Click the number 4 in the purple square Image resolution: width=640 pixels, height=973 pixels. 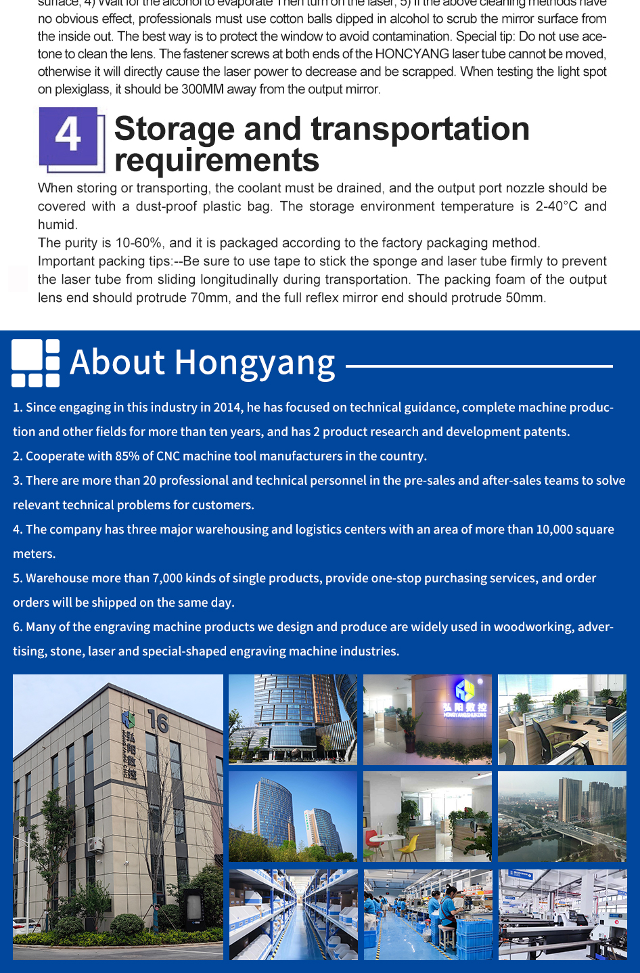68,135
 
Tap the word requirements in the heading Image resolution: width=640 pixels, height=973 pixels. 216,160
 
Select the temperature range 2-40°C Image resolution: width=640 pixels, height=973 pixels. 557,207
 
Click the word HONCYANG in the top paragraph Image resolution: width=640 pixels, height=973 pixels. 412,54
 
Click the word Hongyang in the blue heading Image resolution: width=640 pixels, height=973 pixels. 255,362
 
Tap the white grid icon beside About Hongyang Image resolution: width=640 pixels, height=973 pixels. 35,363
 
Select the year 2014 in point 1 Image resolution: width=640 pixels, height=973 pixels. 227,407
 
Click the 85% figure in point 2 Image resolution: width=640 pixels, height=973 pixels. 127,456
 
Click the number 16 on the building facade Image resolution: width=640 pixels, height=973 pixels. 158,722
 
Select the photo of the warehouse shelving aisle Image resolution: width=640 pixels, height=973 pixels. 293,914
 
